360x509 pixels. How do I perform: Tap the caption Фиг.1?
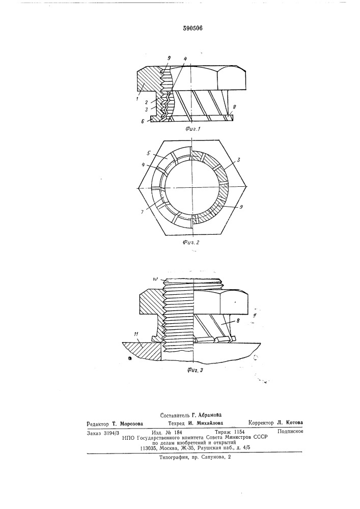pos(193,129)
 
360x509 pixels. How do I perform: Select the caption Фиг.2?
pos(191,242)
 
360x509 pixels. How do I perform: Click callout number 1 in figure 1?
pos(137,98)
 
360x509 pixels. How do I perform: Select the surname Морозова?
pos(131,423)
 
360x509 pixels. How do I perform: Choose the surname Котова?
pos(294,422)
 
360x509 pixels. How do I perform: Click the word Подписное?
pos(291,431)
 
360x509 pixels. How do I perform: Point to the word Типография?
pos(173,457)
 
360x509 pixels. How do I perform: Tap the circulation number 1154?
pos(239,432)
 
